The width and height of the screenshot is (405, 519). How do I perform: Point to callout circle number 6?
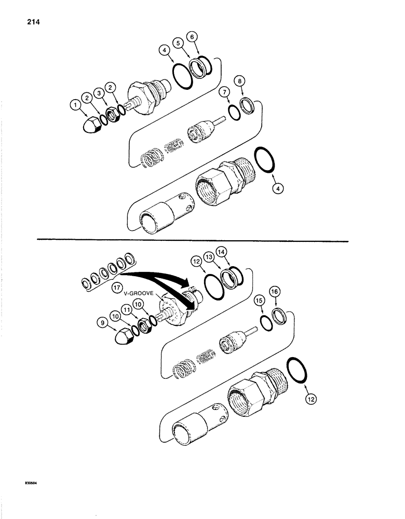tap(193, 37)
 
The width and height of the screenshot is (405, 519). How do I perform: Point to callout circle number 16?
tap(274, 293)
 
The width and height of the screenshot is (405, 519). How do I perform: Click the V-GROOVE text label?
tap(139, 293)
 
